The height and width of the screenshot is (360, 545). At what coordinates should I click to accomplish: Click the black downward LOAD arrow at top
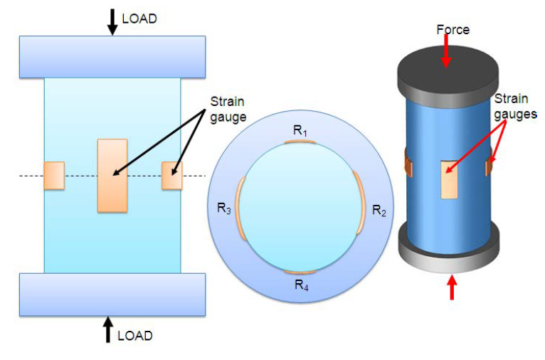pyautogui.click(x=112, y=21)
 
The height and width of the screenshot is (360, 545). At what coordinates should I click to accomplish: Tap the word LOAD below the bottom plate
pyautogui.click(x=134, y=335)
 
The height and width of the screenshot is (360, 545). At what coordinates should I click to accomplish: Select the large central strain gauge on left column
pyautogui.click(x=112, y=175)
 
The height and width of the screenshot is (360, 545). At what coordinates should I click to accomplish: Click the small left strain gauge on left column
pyautogui.click(x=54, y=176)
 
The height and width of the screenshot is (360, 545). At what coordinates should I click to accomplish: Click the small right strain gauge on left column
pyautogui.click(x=171, y=176)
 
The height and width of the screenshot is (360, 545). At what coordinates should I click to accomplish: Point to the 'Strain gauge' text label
pyautogui.click(x=227, y=107)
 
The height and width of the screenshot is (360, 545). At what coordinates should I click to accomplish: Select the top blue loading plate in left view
pyautogui.click(x=112, y=56)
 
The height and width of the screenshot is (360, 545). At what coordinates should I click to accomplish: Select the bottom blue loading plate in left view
pyautogui.click(x=112, y=294)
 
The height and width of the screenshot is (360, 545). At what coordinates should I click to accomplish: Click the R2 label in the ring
pyautogui.click(x=379, y=211)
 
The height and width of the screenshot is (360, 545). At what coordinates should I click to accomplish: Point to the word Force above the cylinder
pyautogui.click(x=453, y=30)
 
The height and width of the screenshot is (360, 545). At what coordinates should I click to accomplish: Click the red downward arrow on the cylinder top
pyautogui.click(x=446, y=51)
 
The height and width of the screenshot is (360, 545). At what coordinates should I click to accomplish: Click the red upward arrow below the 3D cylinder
pyautogui.click(x=451, y=287)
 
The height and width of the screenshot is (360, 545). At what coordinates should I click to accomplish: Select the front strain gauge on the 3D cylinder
pyautogui.click(x=449, y=179)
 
